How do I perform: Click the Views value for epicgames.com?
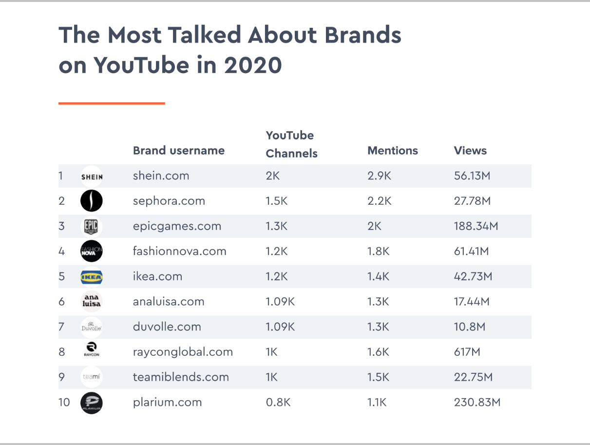(476, 226)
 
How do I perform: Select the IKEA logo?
(92, 277)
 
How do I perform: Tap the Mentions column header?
(392, 151)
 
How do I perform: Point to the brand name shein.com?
(161, 176)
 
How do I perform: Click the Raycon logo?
(92, 349)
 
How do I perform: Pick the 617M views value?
(467, 352)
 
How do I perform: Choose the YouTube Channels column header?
(292, 144)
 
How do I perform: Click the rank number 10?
(64, 403)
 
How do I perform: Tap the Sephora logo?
(92, 201)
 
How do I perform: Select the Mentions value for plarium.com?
(377, 403)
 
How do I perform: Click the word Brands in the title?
(363, 35)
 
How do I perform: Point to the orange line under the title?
(112, 103)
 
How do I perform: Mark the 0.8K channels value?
(278, 403)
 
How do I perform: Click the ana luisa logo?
(92, 301)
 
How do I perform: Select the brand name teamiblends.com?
(181, 377)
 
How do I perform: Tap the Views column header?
(470, 151)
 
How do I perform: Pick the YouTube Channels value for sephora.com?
(277, 201)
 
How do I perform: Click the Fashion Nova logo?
(92, 251)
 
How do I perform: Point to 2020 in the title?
(253, 65)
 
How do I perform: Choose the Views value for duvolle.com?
(470, 327)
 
